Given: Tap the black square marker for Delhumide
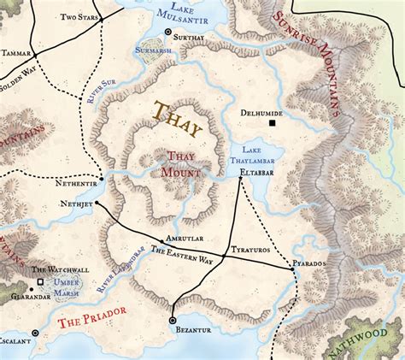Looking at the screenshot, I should pyautogui.click(x=273, y=123).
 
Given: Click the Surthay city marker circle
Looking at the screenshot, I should pyautogui.click(x=168, y=32).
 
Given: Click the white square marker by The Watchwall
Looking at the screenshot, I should pyautogui.click(x=40, y=280).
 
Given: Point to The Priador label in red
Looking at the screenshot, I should pyautogui.click(x=87, y=323).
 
